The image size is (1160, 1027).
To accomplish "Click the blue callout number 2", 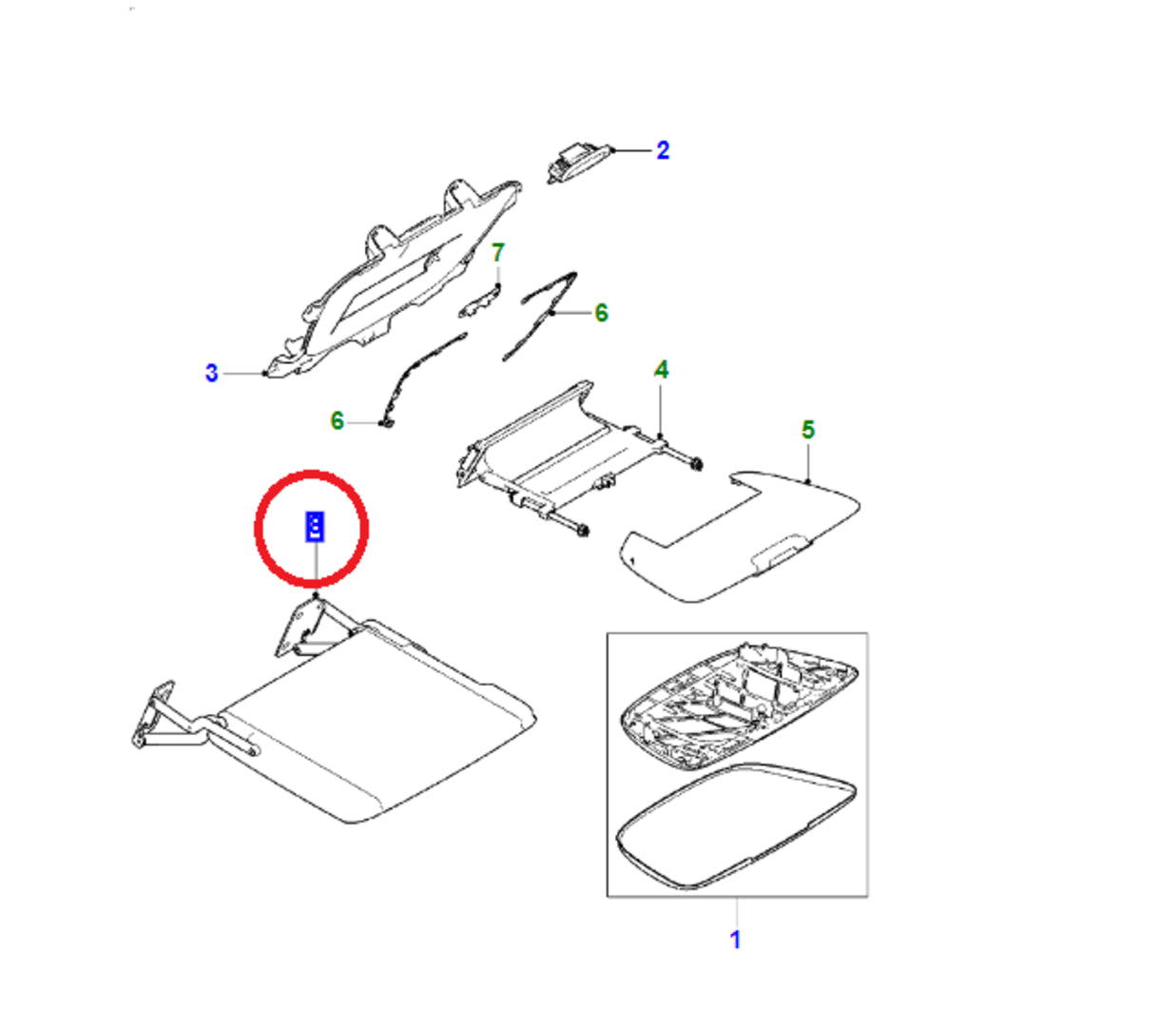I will tap(663, 150).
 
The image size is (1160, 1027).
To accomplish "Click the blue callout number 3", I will tap(211, 373).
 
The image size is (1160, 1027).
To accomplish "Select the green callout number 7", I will tap(497, 253).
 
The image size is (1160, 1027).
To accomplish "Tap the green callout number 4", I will tap(661, 369).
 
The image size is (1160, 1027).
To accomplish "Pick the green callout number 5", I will tap(807, 430).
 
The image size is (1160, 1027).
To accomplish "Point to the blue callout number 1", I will tap(735, 939).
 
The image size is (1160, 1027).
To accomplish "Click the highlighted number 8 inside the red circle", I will tap(314, 526).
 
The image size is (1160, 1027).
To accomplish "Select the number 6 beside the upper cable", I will tap(601, 313).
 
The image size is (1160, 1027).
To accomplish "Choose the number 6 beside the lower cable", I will tap(337, 419).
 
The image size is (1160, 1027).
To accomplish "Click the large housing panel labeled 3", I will tap(399, 276).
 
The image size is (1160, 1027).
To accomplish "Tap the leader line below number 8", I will tap(314, 568).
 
